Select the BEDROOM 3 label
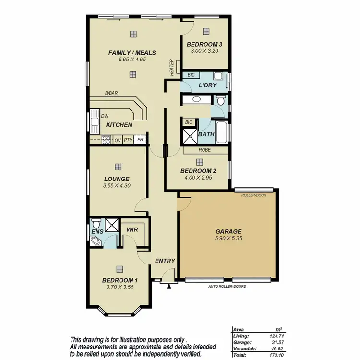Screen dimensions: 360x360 point(205,44)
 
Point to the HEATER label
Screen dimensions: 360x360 point(171,67)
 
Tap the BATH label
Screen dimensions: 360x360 point(206,135)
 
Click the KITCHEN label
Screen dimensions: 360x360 point(119,125)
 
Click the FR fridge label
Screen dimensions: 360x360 point(140,140)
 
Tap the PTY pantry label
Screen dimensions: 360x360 point(128,140)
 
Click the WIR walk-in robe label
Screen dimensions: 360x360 point(132,230)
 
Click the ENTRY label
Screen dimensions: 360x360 point(165,261)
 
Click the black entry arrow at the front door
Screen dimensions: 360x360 point(169,287)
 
